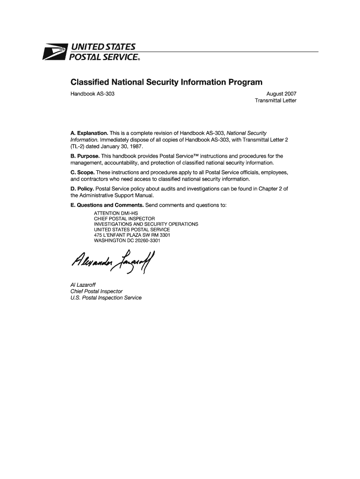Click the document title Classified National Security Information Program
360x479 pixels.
166,82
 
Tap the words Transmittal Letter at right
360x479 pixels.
275,101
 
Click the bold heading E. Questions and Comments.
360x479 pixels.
107,205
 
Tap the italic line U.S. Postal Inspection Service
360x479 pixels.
106,298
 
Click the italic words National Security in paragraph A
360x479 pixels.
246,133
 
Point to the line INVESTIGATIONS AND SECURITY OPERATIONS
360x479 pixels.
146,225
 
